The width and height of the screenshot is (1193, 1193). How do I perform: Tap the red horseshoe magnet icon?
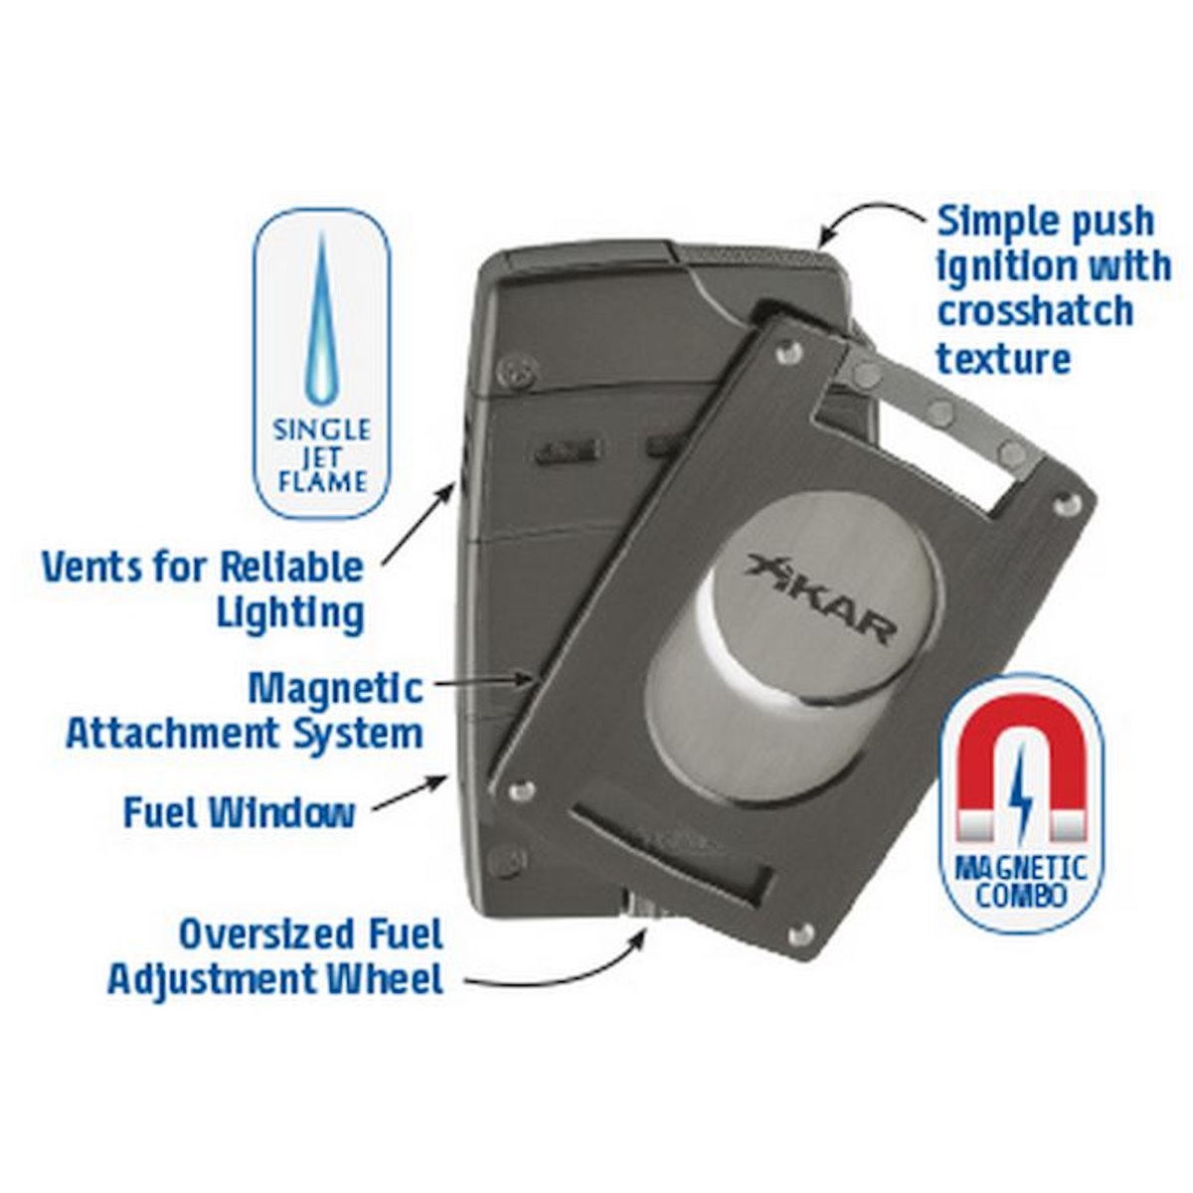pyautogui.click(x=1022, y=767)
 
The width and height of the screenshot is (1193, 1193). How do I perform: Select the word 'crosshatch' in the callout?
pyautogui.click(x=1035, y=310)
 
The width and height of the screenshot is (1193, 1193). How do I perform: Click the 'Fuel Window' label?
pyautogui.click(x=240, y=812)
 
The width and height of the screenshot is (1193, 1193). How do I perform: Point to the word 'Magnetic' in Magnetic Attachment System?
pyautogui.click(x=336, y=688)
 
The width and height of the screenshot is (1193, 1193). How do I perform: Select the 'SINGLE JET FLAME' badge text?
pyautogui.click(x=322, y=455)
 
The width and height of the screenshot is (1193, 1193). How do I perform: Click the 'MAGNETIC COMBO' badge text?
pyautogui.click(x=1022, y=882)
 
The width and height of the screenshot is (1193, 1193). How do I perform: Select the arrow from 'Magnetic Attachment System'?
pyautogui.click(x=484, y=682)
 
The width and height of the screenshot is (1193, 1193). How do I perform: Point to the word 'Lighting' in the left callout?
pyautogui.click(x=290, y=613)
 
